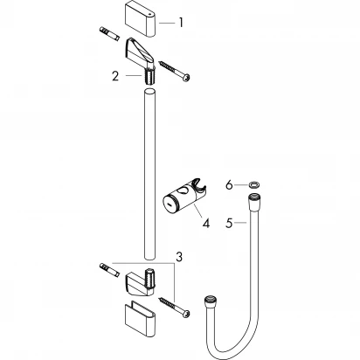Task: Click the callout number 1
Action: (181, 22)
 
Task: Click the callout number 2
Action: (114, 77)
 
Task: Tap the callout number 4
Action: (206, 222)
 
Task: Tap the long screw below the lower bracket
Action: (176, 310)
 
